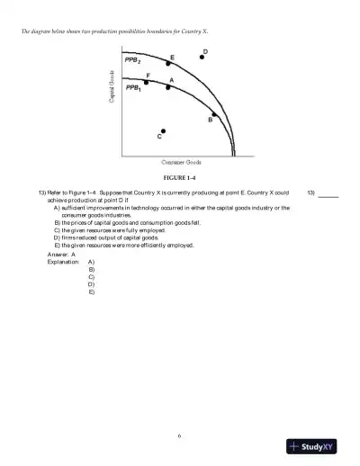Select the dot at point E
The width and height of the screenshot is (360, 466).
coord(168,65)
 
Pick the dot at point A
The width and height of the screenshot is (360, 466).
coord(167,88)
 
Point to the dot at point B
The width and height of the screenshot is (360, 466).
coord(213,116)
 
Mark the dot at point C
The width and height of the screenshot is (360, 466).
coord(163,130)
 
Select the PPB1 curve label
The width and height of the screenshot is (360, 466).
coord(132,89)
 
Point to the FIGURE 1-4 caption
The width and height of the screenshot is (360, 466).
coord(180,177)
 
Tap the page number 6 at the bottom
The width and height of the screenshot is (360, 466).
coord(180,436)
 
